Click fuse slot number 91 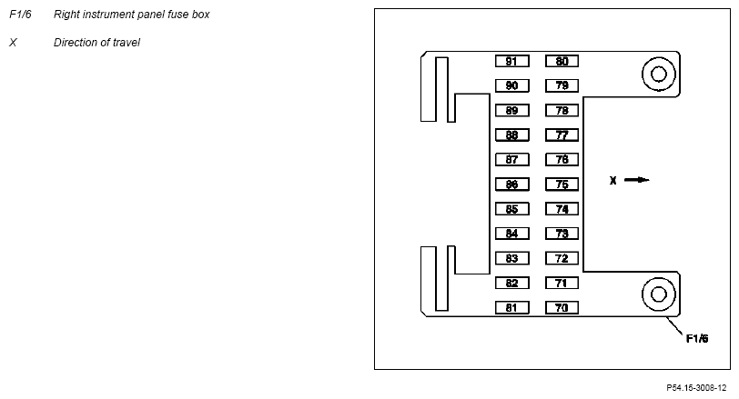point(511,61)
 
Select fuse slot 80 point(562,61)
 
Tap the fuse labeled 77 point(562,135)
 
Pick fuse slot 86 point(511,185)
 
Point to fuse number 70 point(562,308)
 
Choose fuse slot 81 point(511,308)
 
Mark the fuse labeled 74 point(562,209)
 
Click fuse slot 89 point(511,111)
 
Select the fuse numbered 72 point(562,258)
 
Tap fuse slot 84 point(511,234)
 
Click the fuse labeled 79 point(562,85)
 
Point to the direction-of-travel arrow point(637,180)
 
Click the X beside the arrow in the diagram point(612,180)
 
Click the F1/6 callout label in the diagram point(697,338)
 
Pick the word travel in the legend point(127,43)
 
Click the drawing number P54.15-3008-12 point(696,388)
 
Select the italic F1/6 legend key point(20,15)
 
